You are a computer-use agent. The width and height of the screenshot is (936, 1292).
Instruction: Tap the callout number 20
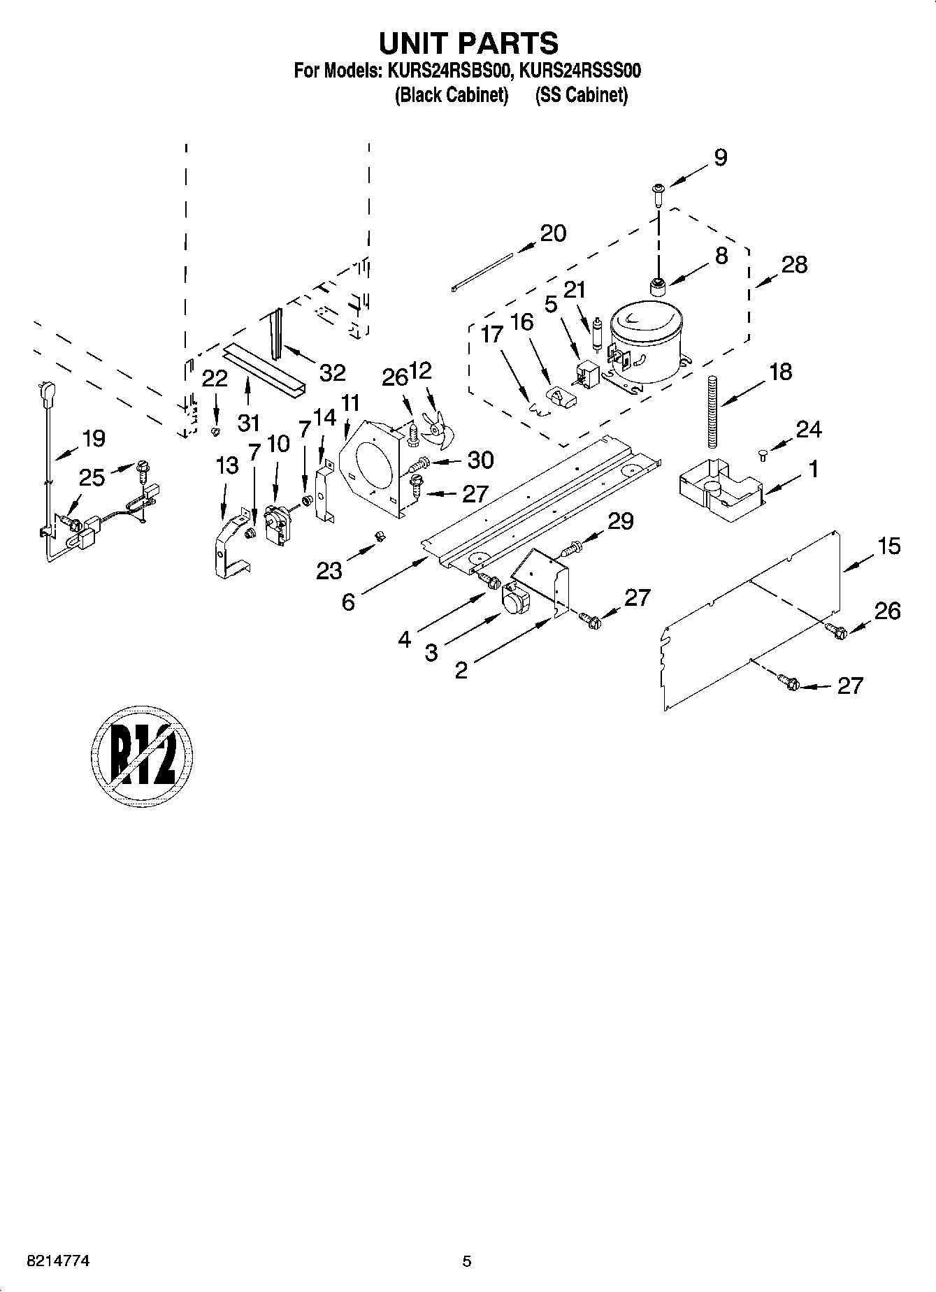click(553, 233)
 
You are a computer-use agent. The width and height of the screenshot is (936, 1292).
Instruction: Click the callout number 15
click(888, 546)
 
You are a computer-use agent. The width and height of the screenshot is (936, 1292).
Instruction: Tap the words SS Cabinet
click(581, 95)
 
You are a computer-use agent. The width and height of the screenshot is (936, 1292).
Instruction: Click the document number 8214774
click(57, 1261)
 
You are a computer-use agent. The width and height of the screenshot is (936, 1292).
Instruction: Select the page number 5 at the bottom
click(467, 1261)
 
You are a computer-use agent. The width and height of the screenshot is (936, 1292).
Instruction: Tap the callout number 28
click(793, 266)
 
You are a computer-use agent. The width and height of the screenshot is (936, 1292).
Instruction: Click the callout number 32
click(332, 373)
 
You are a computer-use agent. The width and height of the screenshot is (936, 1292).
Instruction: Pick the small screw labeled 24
click(763, 456)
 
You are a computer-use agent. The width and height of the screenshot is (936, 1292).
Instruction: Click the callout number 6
click(348, 602)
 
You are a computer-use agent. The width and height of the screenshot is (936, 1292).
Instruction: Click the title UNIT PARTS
click(468, 43)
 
